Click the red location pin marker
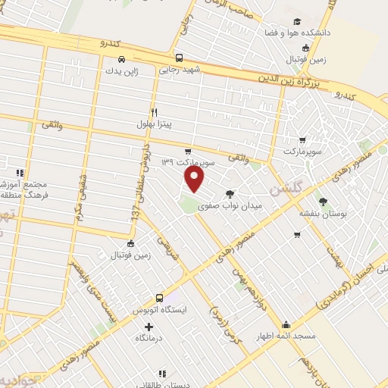(x=195, y=179)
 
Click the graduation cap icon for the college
(x=296, y=21)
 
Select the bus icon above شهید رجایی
(x=178, y=58)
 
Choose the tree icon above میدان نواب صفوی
(x=230, y=194)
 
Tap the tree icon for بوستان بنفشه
(x=324, y=202)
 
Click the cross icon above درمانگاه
(x=148, y=326)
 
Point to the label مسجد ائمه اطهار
(x=285, y=335)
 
